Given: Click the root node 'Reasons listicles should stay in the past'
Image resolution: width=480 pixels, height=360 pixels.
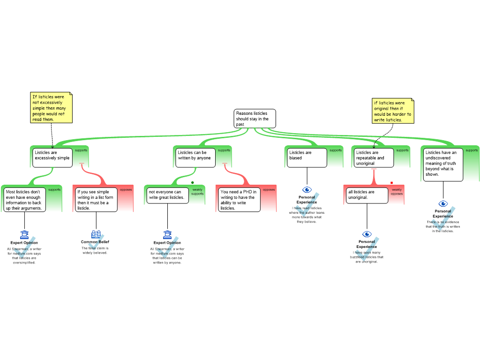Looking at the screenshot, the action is coord(255,119).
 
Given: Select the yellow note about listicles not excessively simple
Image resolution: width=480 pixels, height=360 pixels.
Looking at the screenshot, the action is coord(51,107).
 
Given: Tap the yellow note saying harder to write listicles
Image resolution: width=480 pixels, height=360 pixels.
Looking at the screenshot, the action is coord(393,111).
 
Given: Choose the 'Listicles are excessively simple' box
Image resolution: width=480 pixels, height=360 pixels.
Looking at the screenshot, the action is coord(52,157).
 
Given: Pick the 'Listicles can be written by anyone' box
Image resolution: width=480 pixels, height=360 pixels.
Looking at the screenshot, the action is coord(195,157).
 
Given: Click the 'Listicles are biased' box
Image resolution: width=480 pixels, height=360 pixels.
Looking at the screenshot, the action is coord(307,157).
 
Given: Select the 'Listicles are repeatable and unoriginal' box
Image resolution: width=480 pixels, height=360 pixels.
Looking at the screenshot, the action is coord(374,157).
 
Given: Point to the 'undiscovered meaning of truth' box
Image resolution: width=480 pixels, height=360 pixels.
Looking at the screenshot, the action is coord(443,165).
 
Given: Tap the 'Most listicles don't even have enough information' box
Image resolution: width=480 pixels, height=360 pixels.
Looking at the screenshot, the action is coord(24,200).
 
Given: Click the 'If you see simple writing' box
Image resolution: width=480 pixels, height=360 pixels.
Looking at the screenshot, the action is coord(96,200).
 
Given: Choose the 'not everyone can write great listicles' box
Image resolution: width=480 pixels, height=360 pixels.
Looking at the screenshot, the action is coord(167,195).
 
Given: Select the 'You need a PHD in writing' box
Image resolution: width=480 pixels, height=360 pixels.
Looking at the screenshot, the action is coord(239,200).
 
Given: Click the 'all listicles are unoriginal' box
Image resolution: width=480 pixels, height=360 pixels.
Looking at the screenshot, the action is coord(367,195).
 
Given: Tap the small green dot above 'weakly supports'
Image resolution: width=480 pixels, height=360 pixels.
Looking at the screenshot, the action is coord(193,183).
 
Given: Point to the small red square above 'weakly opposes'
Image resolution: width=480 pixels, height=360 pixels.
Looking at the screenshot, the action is coord(391,183).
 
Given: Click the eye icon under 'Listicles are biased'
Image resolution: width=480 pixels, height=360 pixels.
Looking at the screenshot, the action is coord(307,190).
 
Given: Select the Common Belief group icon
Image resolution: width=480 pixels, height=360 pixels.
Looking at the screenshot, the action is coord(96,234).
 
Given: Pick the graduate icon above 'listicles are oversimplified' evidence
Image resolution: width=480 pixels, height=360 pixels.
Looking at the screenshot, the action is coord(24,235).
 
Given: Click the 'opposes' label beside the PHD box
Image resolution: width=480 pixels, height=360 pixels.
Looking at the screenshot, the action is coord(269,190).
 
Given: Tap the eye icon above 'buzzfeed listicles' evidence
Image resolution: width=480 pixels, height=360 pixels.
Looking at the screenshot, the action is coord(367,234).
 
